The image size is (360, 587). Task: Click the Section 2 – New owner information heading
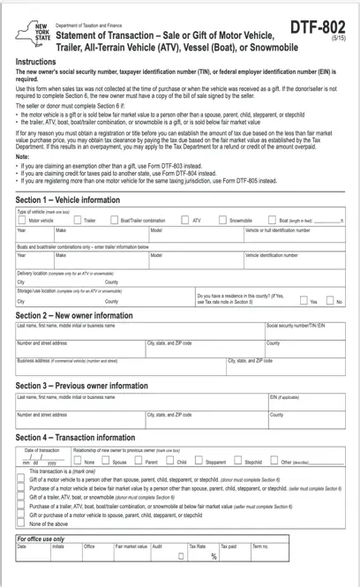pos(74,315)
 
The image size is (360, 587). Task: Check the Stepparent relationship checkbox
pos(199,461)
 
